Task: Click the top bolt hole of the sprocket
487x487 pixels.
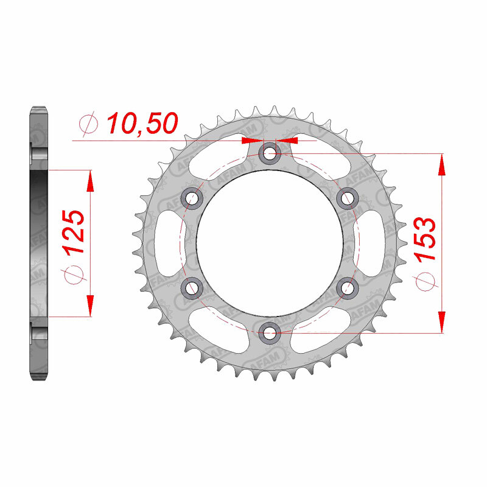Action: click(269, 154)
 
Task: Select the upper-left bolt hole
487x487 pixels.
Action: click(192, 198)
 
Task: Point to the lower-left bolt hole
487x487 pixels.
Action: click(192, 287)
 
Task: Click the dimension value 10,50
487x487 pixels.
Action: click(142, 124)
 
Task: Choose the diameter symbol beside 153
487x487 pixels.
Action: click(426, 279)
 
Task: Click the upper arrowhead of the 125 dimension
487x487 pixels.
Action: click(90, 180)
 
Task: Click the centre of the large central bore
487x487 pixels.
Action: click(269, 242)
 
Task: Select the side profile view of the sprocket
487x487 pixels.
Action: click(38, 242)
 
